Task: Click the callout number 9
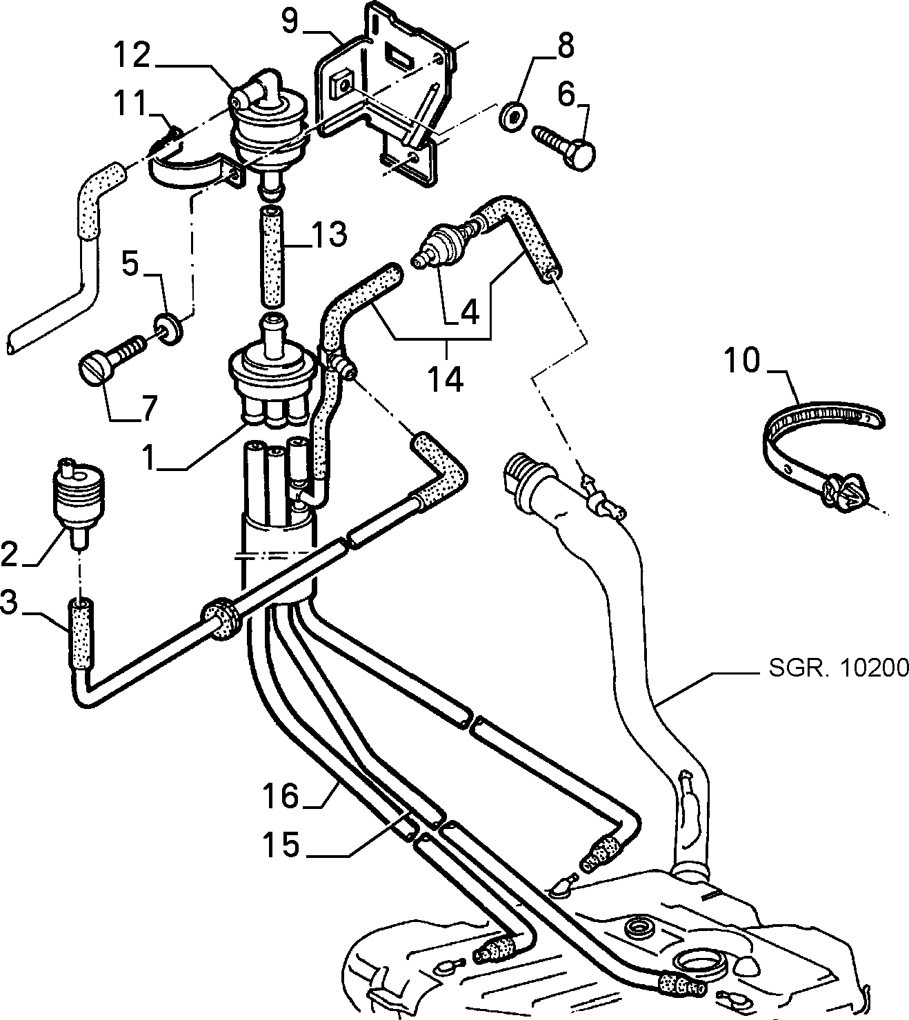[x=291, y=21]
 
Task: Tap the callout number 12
[x=132, y=54]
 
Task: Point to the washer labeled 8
[x=512, y=117]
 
